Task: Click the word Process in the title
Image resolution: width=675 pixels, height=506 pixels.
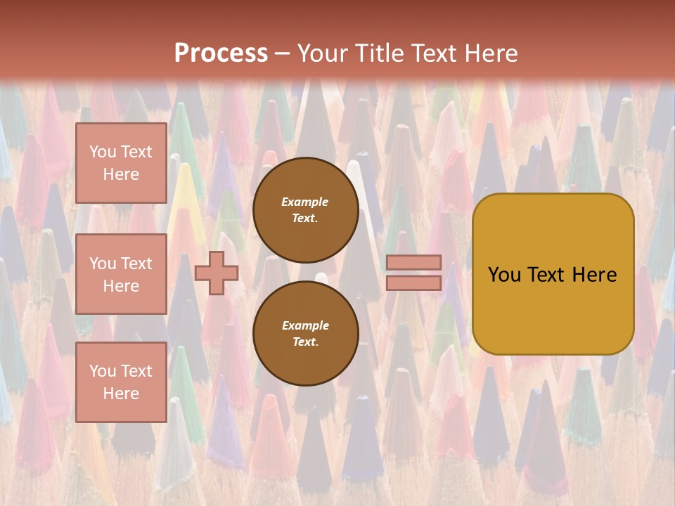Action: (221, 53)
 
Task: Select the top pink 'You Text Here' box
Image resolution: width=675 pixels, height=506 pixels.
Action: (121, 163)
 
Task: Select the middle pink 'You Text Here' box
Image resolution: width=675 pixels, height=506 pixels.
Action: (121, 274)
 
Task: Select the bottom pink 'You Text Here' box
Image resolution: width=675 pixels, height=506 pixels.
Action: (121, 382)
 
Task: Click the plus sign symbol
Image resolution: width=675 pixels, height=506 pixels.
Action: (217, 273)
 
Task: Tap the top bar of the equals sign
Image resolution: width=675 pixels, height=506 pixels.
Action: (413, 262)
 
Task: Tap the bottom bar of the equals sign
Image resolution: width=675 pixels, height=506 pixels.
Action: (413, 283)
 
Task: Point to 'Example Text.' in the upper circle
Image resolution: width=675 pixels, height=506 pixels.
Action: (305, 209)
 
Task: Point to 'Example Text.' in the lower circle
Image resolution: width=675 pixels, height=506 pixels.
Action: (305, 333)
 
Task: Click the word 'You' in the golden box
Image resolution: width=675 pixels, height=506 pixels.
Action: (505, 275)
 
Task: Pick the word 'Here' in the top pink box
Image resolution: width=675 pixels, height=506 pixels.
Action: (121, 174)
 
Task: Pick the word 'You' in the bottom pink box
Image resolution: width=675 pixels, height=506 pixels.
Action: (103, 371)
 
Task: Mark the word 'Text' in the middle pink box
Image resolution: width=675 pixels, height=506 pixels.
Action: (136, 264)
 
